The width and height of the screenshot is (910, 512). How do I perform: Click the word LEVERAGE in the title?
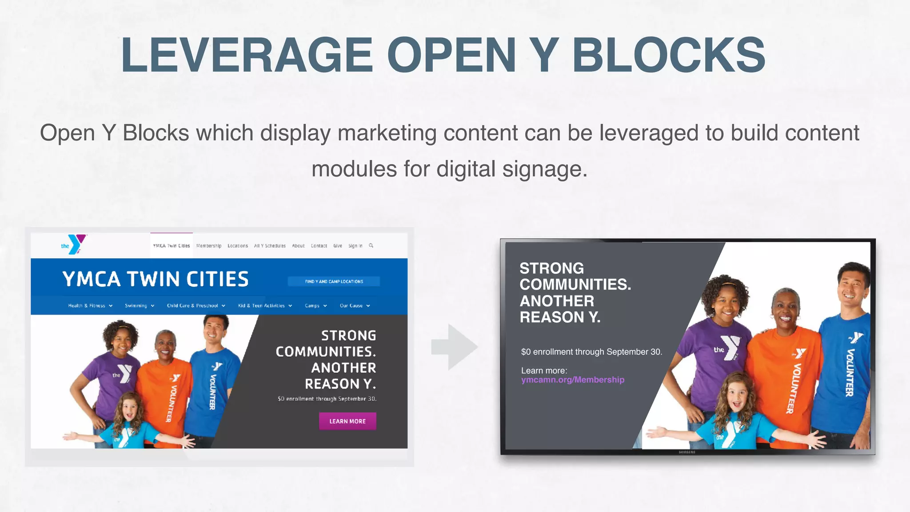click(247, 55)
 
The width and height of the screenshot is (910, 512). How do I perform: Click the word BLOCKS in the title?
click(668, 55)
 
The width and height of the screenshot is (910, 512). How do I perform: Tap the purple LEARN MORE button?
click(347, 421)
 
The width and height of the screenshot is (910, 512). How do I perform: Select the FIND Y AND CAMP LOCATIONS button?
click(334, 281)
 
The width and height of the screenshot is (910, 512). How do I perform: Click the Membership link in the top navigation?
click(209, 246)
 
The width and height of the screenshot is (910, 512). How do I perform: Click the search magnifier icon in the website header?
click(371, 245)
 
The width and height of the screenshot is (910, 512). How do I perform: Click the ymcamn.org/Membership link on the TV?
click(572, 380)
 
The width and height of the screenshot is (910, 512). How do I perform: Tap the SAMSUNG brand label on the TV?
click(687, 452)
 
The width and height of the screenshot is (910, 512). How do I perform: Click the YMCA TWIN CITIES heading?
click(155, 279)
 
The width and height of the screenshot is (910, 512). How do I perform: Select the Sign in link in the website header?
click(355, 246)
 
